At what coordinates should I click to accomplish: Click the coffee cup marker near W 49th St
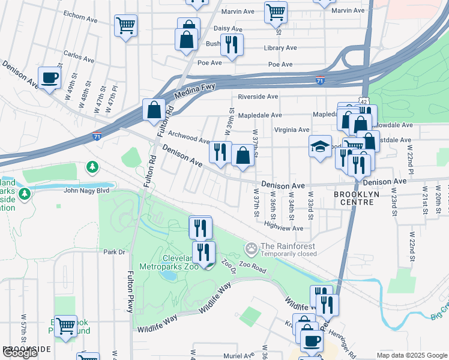[49, 78]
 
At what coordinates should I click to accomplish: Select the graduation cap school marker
[320, 146]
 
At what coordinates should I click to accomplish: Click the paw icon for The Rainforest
[252, 248]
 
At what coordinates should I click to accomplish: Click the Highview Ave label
[284, 228]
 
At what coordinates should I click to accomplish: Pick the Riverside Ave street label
[258, 97]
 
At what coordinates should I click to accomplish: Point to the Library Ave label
[280, 48]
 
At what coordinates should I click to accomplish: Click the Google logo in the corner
[20, 353]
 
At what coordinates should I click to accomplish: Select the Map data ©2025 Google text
[411, 355]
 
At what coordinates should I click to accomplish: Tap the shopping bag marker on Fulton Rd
[154, 110]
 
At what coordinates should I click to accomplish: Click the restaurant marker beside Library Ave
[231, 44]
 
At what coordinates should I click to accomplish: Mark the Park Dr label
[113, 252]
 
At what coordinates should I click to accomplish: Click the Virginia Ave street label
[291, 130]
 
